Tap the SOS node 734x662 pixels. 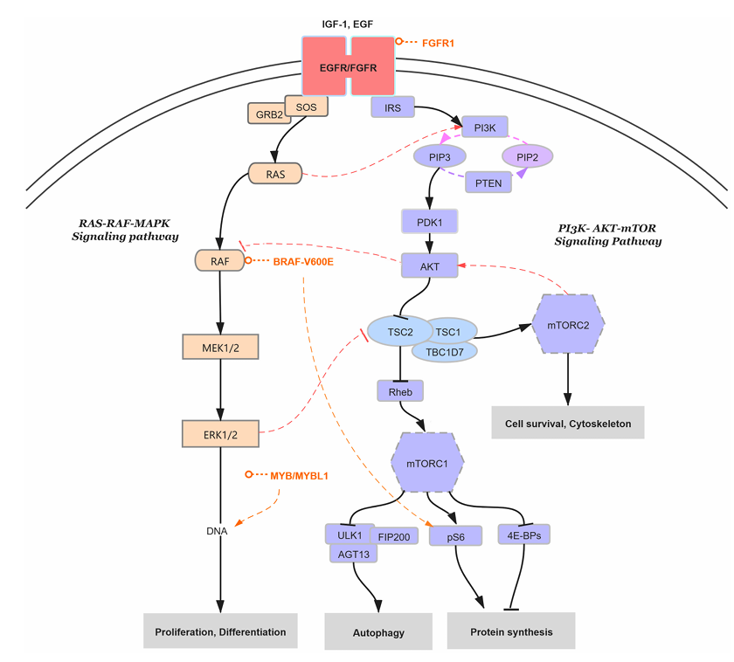[307, 107]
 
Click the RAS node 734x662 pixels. [276, 174]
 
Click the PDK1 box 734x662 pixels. [428, 221]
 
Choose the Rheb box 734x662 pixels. [400, 391]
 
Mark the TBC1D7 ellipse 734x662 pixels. [444, 351]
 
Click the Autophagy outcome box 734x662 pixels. [377, 631]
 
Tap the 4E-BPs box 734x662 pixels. [524, 534]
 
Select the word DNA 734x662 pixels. [218, 531]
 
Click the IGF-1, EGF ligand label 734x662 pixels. [347, 24]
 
